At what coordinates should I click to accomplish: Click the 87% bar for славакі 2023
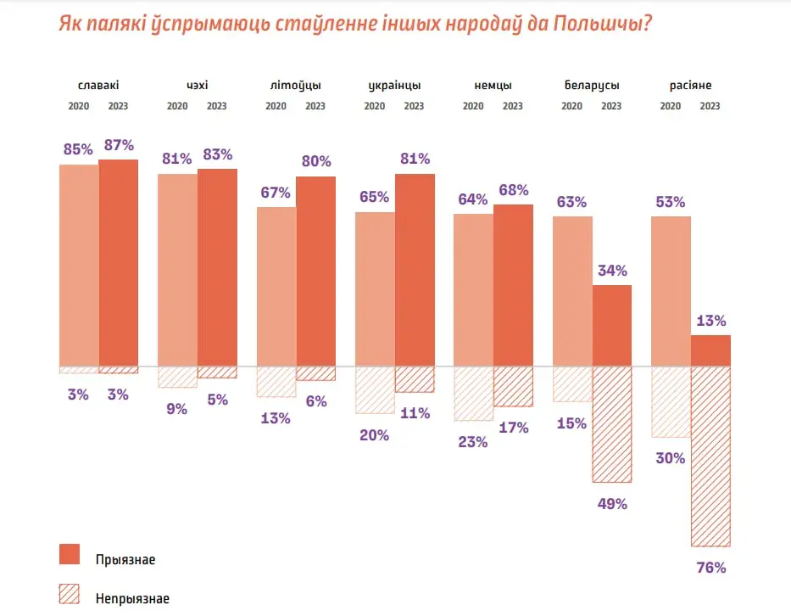(x=119, y=262)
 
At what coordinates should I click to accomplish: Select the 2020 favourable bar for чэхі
(x=177, y=270)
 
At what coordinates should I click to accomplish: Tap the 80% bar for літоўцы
(x=315, y=271)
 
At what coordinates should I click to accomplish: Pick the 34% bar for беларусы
(x=612, y=325)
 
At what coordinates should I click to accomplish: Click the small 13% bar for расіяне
(x=710, y=350)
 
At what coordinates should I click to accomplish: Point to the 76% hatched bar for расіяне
(x=710, y=456)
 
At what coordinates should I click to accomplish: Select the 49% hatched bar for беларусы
(x=612, y=424)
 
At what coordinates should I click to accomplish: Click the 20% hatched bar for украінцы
(x=375, y=389)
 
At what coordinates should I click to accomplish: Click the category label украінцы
(x=394, y=86)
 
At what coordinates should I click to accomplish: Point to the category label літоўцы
(x=295, y=86)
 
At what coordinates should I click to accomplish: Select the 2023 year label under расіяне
(x=710, y=106)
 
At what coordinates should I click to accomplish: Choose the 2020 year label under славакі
(x=78, y=106)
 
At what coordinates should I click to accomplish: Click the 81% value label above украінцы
(x=415, y=159)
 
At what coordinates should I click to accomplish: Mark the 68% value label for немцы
(x=513, y=189)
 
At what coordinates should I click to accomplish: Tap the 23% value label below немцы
(x=473, y=441)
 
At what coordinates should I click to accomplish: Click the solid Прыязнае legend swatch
(x=70, y=555)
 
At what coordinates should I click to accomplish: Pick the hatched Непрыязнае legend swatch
(x=70, y=594)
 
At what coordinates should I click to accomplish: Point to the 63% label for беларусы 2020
(x=571, y=202)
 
